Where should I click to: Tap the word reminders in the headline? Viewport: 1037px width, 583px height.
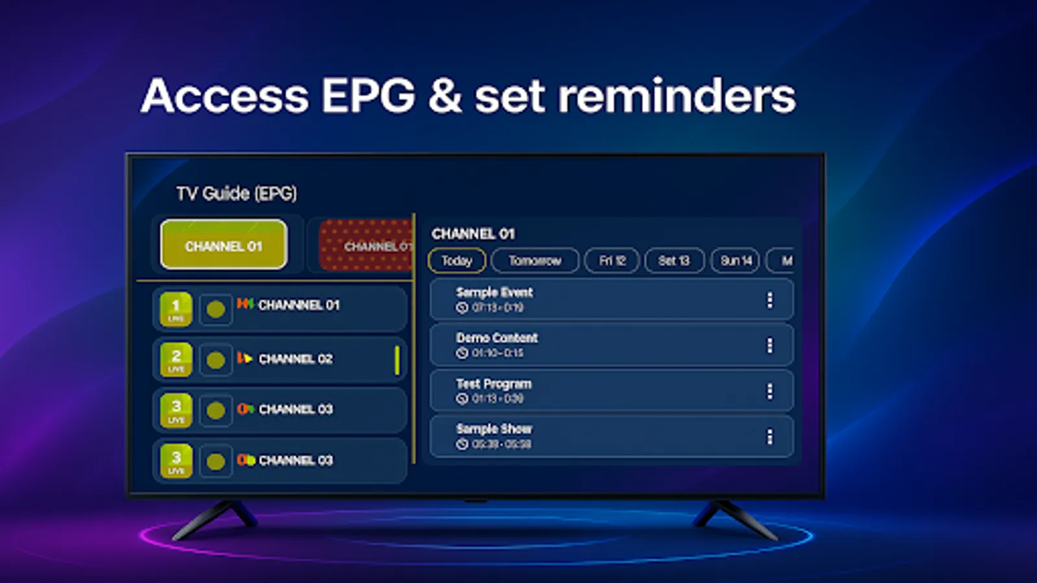[x=677, y=96]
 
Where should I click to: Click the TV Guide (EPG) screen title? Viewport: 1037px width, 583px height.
[x=237, y=193]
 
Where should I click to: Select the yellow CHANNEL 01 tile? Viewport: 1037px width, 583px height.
[x=224, y=245]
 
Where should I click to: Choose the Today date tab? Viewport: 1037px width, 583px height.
[x=457, y=260]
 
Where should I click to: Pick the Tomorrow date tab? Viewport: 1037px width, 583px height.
[x=535, y=260]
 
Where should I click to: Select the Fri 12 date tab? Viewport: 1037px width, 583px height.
[x=612, y=260]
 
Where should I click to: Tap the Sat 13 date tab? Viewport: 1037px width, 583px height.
[x=674, y=260]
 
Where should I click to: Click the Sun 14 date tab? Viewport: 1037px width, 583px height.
[x=736, y=260]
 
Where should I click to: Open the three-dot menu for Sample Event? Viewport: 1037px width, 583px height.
[x=769, y=300]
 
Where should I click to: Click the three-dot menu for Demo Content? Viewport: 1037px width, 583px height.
[x=769, y=345]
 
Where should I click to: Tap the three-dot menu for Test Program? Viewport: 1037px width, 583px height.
[x=769, y=391]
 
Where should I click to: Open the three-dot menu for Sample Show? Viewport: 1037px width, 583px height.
[x=769, y=437]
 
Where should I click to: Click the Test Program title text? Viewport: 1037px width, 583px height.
[x=493, y=383]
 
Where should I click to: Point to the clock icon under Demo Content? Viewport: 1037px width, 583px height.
[x=462, y=353]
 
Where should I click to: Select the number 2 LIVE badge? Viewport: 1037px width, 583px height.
[x=176, y=360]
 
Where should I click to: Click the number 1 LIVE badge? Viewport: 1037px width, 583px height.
[x=176, y=308]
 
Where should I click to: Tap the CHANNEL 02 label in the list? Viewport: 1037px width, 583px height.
[x=296, y=359]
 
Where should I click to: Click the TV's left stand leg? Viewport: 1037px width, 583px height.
[x=214, y=518]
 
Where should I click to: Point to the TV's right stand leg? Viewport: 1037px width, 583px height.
[x=736, y=518]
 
